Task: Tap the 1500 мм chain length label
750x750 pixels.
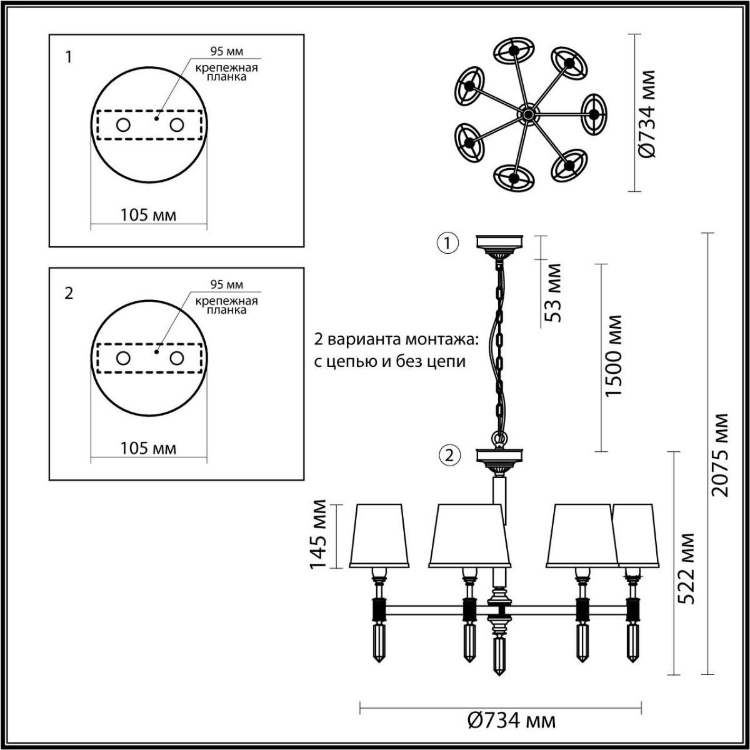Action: coord(615,355)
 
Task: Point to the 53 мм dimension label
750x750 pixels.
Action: coord(553,292)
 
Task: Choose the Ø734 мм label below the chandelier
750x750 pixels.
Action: coord(511,721)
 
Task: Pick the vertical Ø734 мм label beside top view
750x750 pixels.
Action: coord(648,113)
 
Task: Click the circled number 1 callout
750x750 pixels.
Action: coord(448,243)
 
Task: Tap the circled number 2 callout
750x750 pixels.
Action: coord(448,455)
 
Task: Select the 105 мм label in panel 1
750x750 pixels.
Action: coord(148,215)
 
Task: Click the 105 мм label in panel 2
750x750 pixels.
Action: coord(148,448)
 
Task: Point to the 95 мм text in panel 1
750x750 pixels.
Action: coord(226,52)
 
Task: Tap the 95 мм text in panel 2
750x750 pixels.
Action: coord(226,285)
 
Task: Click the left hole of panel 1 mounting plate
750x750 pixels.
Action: coord(122,125)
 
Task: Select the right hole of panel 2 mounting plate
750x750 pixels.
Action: coord(177,358)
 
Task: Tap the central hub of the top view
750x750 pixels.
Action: coord(528,114)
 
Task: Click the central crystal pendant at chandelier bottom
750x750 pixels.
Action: coord(499,656)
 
